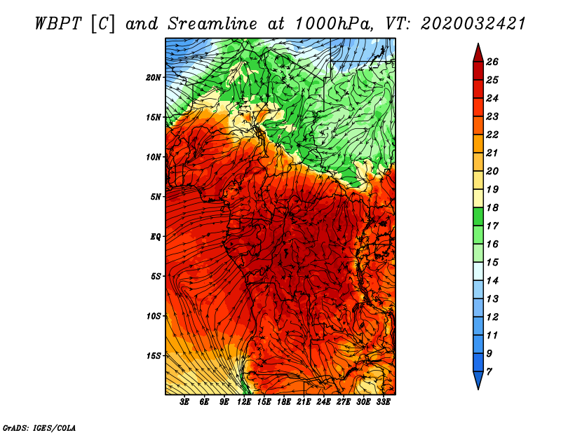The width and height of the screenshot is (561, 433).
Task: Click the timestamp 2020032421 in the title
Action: pyautogui.click(x=473, y=23)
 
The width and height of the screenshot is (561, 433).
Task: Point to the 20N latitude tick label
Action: pyautogui.click(x=154, y=77)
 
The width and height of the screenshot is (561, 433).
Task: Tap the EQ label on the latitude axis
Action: pyautogui.click(x=156, y=236)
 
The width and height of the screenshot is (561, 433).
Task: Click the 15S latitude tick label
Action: pyautogui.click(x=154, y=355)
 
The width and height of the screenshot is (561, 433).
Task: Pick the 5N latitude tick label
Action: pyautogui.click(x=156, y=196)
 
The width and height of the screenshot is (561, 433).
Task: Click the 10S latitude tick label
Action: pyautogui.click(x=154, y=316)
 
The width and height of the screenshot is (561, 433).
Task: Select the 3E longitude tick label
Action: pyautogui.click(x=185, y=402)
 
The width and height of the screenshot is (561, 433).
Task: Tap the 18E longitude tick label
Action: pyautogui.click(x=284, y=402)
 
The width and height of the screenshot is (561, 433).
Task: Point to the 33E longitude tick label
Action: pyautogui.click(x=383, y=402)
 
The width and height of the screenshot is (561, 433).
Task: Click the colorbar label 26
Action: pyautogui.click(x=492, y=62)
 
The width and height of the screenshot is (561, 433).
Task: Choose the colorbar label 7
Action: pyautogui.click(x=489, y=371)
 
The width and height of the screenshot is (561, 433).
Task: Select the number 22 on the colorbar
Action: pyautogui.click(x=492, y=135)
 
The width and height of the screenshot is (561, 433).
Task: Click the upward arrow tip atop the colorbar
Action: pyautogui.click(x=477, y=49)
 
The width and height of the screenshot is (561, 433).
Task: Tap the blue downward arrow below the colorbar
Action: pyautogui.click(x=477, y=381)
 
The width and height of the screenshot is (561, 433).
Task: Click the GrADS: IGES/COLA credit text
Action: pyautogui.click(x=39, y=427)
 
